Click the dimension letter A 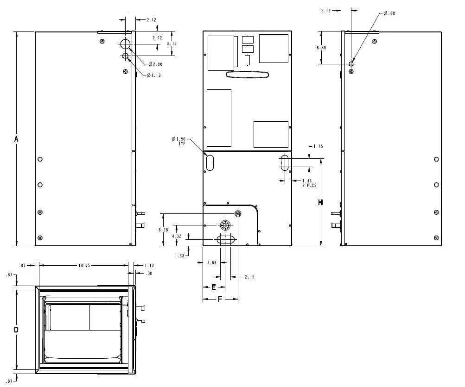pyautogui.click(x=16, y=139)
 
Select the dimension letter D pyautogui.click(x=16, y=330)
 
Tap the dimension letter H pyautogui.click(x=320, y=202)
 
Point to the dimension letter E pyautogui.click(x=213, y=287)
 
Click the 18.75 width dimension pyautogui.click(x=84, y=266)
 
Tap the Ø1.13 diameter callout pyautogui.click(x=154, y=75)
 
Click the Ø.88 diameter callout pyautogui.click(x=389, y=13)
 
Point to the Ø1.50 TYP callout pyautogui.click(x=178, y=141)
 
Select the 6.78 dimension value pyautogui.click(x=163, y=230)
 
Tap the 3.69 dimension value pyautogui.click(x=211, y=263)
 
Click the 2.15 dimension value pyautogui.click(x=249, y=277)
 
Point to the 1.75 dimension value pyautogui.click(x=318, y=147)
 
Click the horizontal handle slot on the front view pyautogui.click(x=248, y=75)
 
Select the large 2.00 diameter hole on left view pyautogui.click(x=125, y=44)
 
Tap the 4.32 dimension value pyautogui.click(x=177, y=236)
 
